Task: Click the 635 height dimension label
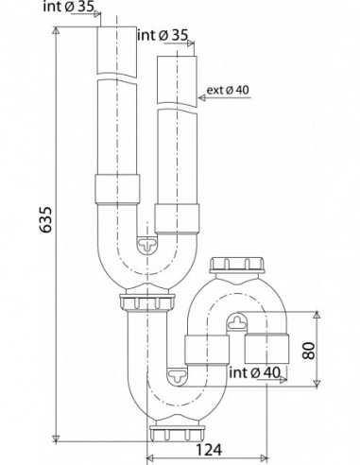(46, 219)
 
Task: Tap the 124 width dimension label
(209, 450)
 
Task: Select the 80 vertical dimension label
(309, 351)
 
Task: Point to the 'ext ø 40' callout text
(228, 90)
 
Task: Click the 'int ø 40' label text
(254, 372)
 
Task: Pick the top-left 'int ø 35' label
(69, 7)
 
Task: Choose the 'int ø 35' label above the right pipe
(163, 35)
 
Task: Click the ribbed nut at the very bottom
(177, 433)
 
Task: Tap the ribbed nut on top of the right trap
(237, 265)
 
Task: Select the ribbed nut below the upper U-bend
(147, 302)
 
